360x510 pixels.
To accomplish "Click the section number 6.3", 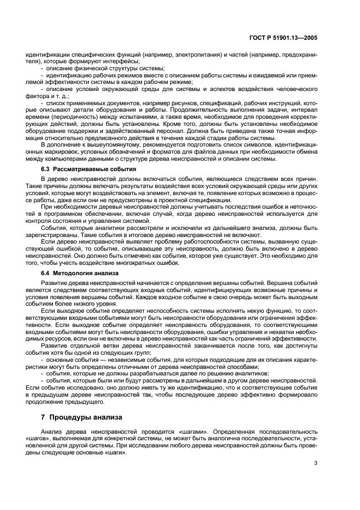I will pyautogui.click(x=47, y=170).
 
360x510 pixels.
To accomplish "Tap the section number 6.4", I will pyautogui.click(x=47, y=272).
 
